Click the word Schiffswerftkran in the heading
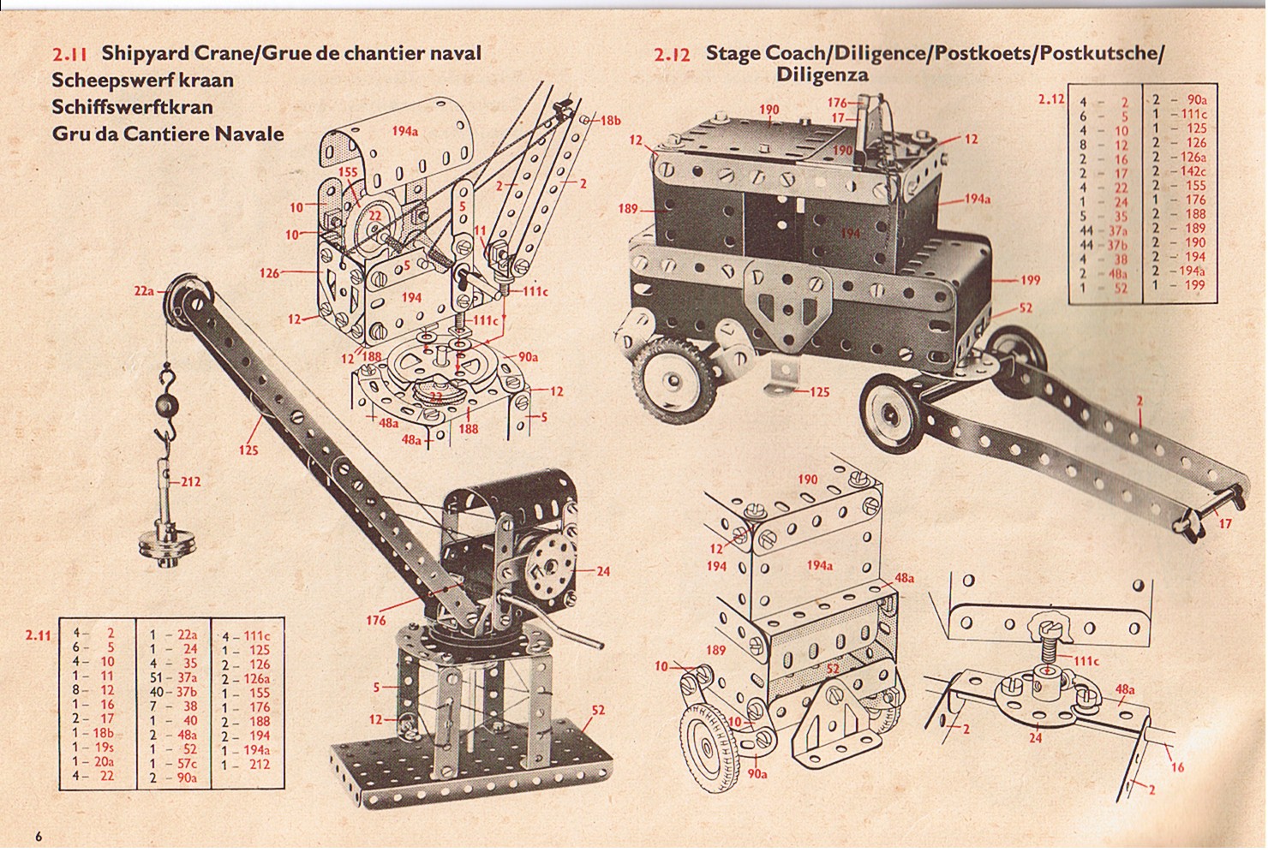coord(132,107)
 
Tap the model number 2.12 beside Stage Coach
coord(672,55)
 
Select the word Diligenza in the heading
coord(822,74)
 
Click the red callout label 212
coord(190,482)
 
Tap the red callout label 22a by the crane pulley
coord(143,291)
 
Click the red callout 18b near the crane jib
coord(609,121)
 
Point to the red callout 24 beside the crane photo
coord(603,570)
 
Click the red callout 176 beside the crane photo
coord(375,619)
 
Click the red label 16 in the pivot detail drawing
coord(1176,766)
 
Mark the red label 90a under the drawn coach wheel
coord(757,774)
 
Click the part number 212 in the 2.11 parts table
coord(259,763)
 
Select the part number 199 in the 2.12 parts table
coord(1194,285)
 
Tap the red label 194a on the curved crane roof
coord(404,131)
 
